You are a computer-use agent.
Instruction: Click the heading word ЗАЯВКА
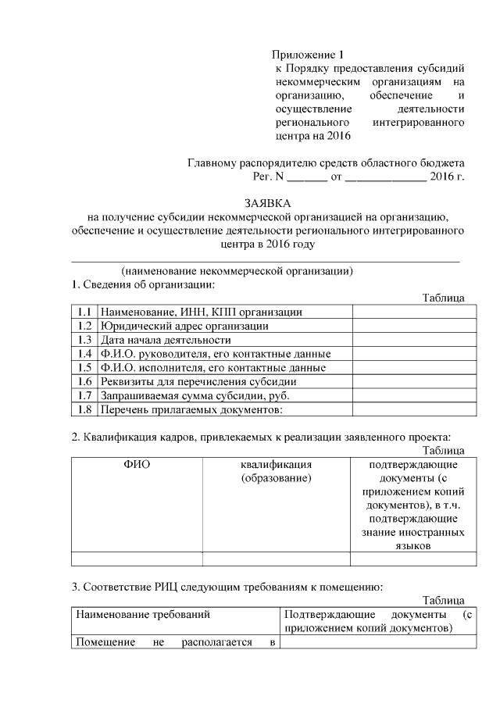click(266, 202)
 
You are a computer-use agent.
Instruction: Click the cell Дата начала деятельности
click(166, 340)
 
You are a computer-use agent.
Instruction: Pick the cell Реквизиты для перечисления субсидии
click(198, 382)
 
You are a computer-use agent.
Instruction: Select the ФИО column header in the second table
click(137, 464)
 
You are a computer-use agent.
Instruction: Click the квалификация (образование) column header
click(277, 471)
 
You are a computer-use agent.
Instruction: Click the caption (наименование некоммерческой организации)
click(237, 271)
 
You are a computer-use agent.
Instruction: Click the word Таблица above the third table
click(443, 600)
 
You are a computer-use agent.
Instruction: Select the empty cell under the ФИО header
click(137, 558)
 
